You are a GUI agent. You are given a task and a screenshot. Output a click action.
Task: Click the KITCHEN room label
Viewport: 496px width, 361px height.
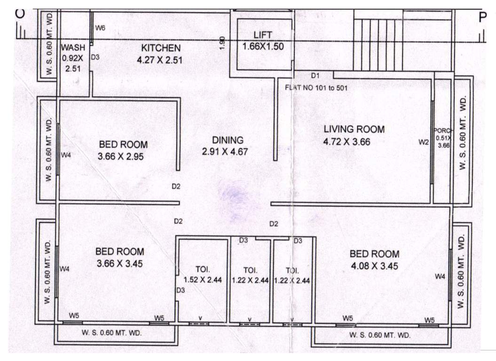coord(161,48)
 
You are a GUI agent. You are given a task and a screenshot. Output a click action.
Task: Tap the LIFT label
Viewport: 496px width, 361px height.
coord(262,35)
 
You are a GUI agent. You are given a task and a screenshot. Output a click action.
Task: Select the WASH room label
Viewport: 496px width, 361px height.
coord(73,47)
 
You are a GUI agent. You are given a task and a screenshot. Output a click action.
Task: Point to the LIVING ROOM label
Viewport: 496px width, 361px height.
coord(354,129)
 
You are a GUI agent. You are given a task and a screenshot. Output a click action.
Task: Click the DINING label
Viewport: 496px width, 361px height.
coord(228,140)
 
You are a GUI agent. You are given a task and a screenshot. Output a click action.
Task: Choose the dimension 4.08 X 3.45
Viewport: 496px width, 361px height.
coord(374,266)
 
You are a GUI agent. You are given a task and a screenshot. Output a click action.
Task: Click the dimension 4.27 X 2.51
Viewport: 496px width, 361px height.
coord(159,60)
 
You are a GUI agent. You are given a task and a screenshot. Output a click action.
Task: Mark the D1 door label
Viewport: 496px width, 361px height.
coord(315,76)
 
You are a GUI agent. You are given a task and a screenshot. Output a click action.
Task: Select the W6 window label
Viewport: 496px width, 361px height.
coord(100,28)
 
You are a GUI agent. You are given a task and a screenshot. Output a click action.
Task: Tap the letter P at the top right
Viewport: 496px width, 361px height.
coord(482,17)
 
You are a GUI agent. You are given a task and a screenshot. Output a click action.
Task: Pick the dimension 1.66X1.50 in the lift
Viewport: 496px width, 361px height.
coord(262,47)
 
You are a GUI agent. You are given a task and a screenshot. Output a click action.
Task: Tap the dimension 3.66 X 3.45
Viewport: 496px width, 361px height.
coord(119,264)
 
